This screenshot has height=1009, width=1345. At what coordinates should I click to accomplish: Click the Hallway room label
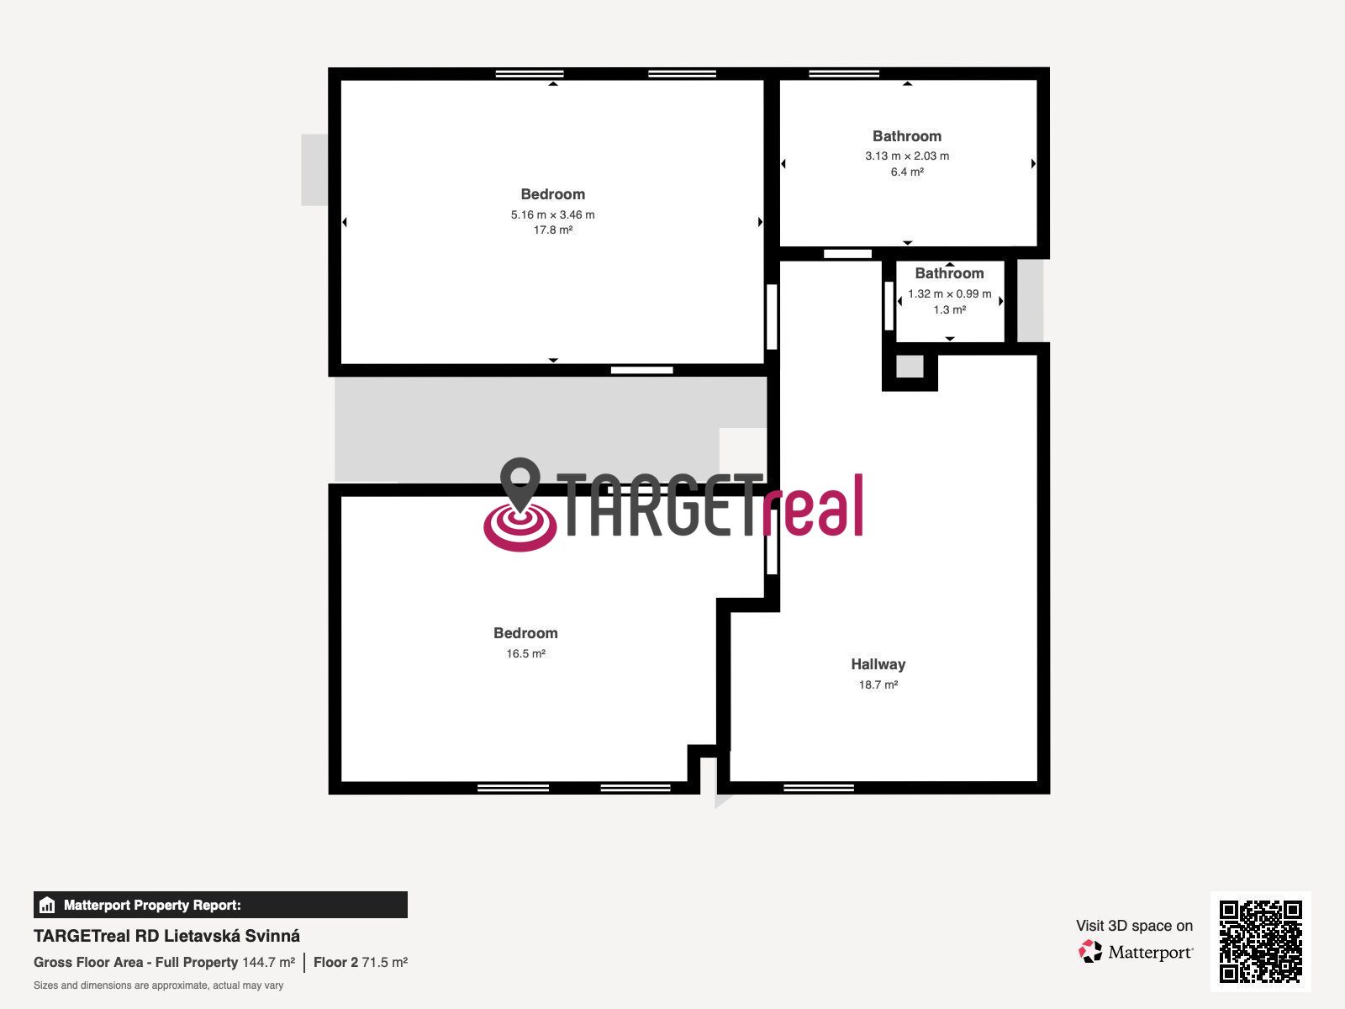click(878, 664)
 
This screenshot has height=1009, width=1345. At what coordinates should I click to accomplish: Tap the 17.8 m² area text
click(552, 230)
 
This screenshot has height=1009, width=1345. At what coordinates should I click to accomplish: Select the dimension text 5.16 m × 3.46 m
click(552, 214)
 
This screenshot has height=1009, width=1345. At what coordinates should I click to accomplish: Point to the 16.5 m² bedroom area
click(525, 653)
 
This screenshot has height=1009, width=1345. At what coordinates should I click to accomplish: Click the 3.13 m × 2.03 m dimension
click(907, 156)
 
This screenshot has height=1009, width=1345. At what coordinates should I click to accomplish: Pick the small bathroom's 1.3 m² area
click(950, 310)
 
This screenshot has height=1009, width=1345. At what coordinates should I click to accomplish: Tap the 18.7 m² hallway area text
click(878, 685)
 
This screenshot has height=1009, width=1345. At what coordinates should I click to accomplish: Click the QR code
click(1260, 942)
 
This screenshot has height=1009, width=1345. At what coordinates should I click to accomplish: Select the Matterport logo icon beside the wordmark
click(1090, 952)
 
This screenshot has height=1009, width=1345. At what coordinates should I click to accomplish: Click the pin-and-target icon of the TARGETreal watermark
click(520, 504)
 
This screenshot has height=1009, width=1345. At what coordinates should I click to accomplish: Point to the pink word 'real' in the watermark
click(814, 506)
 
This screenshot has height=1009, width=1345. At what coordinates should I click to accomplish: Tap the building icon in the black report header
click(47, 905)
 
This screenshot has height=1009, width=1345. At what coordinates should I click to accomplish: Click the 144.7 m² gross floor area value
click(268, 963)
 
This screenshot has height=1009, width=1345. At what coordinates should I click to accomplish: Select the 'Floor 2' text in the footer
click(335, 963)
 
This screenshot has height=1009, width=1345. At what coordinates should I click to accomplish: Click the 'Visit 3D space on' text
click(1134, 926)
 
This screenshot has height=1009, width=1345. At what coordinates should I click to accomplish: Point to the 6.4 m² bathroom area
click(907, 172)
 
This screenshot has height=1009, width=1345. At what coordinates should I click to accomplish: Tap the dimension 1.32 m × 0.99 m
click(950, 294)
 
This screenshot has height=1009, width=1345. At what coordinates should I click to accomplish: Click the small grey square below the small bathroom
click(910, 367)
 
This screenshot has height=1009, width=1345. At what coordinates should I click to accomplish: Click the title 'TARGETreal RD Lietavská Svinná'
click(166, 936)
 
